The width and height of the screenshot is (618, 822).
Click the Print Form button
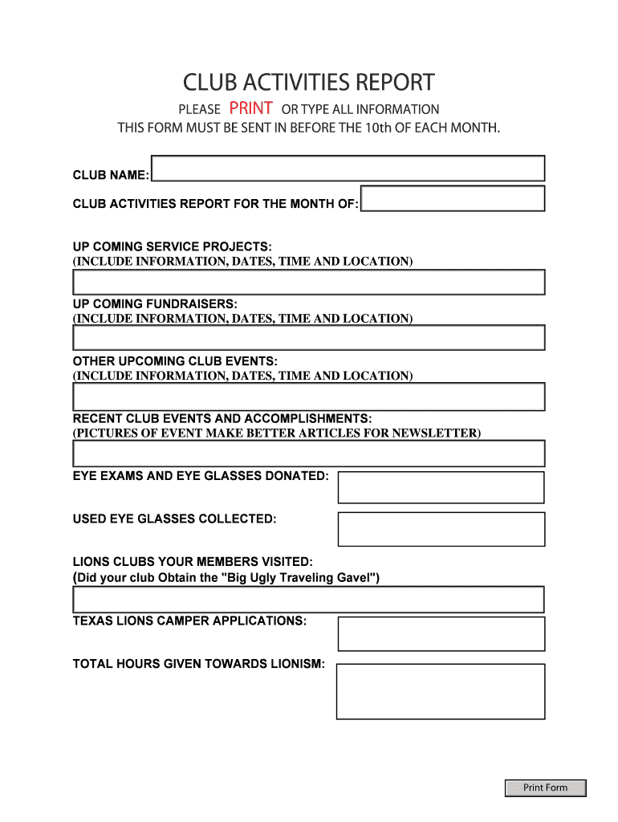click(546, 787)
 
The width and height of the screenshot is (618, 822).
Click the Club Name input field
click(348, 169)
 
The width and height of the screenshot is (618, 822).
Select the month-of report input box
click(453, 198)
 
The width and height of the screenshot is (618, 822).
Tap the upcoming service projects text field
click(309, 282)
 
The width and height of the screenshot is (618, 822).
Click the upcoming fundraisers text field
click(309, 338)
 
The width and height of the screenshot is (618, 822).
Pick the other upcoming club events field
click(309, 397)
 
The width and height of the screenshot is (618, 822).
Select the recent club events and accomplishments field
click(309, 454)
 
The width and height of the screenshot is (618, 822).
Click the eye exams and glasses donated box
click(441, 487)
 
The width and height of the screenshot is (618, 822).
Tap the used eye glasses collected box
click(441, 529)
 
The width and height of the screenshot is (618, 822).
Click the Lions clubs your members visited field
click(309, 600)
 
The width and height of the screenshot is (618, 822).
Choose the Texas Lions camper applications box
click(441, 633)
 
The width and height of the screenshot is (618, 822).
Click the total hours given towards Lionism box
click(441, 691)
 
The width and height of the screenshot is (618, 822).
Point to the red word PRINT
click(251, 108)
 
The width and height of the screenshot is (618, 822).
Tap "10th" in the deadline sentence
click(378, 128)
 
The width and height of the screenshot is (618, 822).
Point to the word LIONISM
click(296, 664)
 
